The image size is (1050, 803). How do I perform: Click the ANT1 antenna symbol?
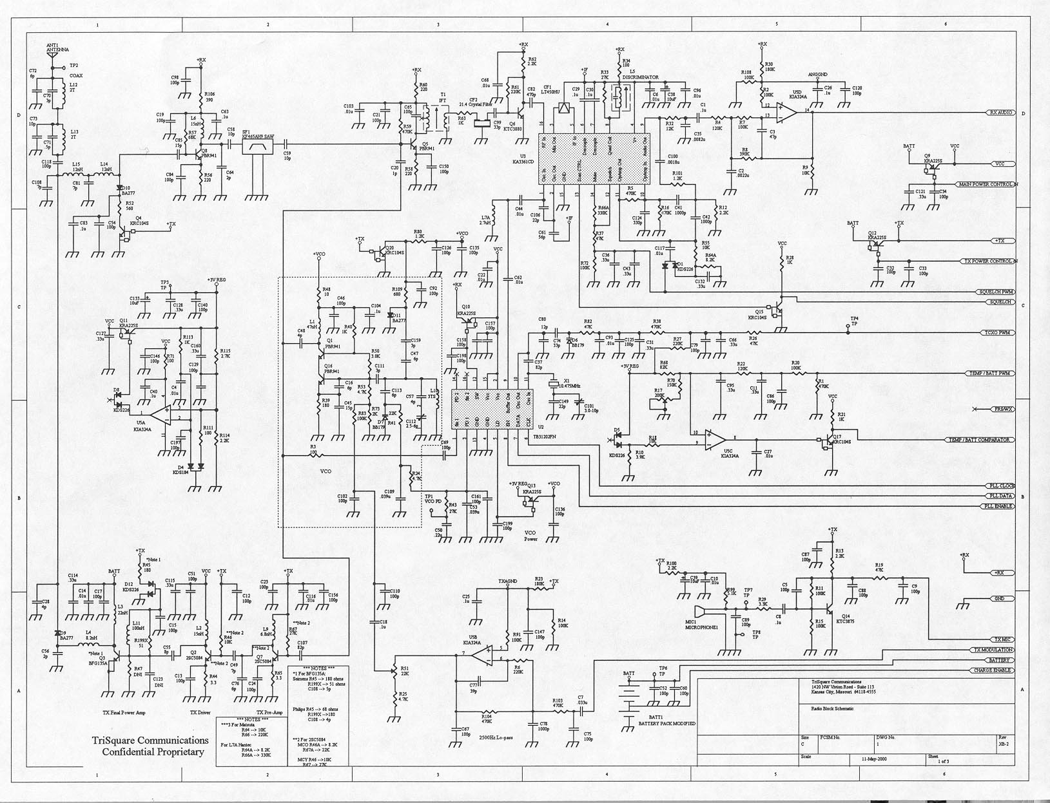[x=53, y=56]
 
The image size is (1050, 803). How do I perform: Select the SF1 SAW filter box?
[x=257, y=147]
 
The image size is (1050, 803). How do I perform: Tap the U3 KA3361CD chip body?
[x=592, y=158]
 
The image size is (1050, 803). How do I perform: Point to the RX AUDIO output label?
[x=1000, y=113]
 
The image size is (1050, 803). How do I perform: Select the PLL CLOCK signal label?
[x=1000, y=486]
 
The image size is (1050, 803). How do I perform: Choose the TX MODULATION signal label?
[x=993, y=650]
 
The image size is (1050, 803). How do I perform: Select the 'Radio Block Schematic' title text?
[x=832, y=708]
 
